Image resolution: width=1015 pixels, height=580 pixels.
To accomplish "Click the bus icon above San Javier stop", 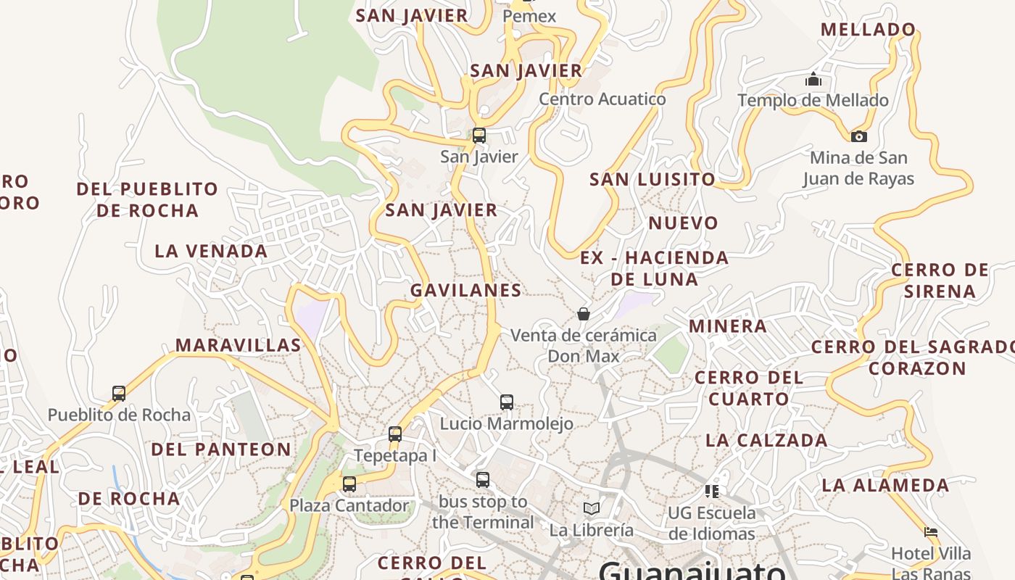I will tap(478, 136).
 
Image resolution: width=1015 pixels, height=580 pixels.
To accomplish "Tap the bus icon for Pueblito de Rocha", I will tap(119, 394).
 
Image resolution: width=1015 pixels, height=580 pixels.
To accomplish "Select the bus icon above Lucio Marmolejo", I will tap(507, 402).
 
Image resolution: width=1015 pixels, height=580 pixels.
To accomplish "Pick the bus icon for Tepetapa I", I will tap(395, 434).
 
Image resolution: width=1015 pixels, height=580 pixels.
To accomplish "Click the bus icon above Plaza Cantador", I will tap(349, 484).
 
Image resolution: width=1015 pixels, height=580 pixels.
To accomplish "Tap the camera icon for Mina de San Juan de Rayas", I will tap(858, 136).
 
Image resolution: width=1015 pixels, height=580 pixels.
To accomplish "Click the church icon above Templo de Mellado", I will tap(813, 79).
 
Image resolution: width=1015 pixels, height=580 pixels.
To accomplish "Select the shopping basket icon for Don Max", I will tap(584, 314).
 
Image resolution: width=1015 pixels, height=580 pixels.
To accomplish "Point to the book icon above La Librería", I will tap(592, 508).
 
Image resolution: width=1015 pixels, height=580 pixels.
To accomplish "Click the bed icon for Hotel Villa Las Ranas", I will tap(931, 532).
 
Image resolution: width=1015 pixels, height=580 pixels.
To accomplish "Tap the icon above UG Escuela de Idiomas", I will tap(712, 492).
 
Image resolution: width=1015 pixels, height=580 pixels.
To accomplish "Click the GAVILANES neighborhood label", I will tap(465, 290).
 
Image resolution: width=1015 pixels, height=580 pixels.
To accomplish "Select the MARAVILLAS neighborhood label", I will tap(239, 345).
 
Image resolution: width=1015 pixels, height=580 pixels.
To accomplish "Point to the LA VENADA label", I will tap(211, 252).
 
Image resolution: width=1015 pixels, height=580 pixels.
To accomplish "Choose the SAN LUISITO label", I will tap(652, 179).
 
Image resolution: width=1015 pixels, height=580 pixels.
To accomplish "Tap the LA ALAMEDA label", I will tap(885, 485).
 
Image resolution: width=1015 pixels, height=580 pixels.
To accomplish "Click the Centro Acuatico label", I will tap(602, 99).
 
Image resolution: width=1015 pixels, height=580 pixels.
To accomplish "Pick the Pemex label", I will tap(529, 16).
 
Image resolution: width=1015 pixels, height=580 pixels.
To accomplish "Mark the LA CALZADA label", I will tap(766, 440).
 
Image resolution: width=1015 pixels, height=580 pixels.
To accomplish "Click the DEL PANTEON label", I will tap(221, 449).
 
